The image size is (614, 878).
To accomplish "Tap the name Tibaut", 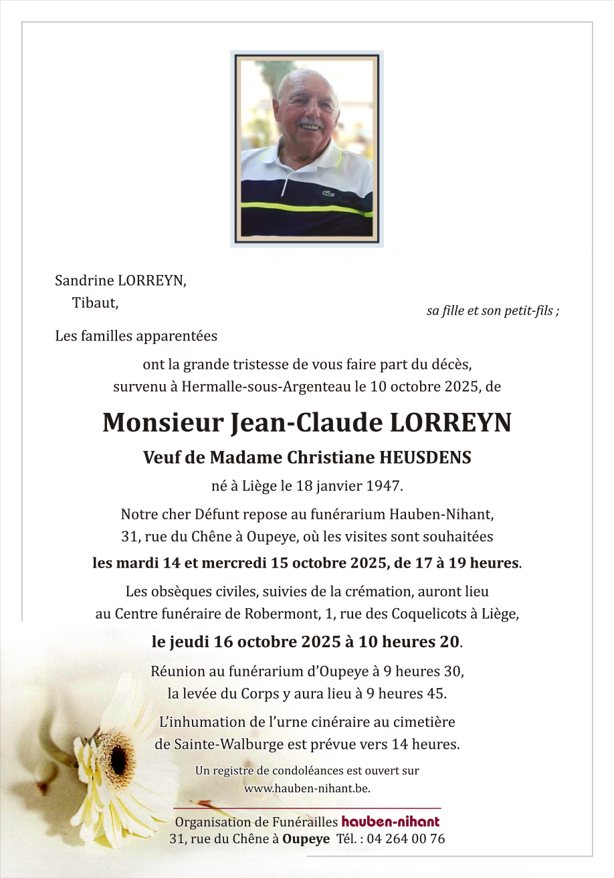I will (x=95, y=303).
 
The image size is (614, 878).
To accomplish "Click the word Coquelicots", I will (x=407, y=613).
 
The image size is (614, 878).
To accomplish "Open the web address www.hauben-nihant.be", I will (x=307, y=788).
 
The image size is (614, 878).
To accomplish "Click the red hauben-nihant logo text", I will (x=391, y=822).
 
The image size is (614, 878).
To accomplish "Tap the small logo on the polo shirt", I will (x=328, y=193).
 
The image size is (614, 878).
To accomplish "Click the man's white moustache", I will (x=311, y=124).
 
